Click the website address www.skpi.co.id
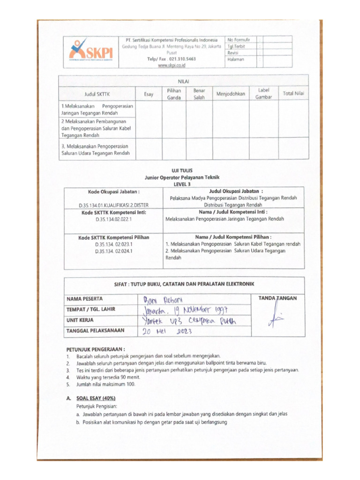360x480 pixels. click(x=172, y=66)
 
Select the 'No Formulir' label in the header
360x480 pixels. click(x=239, y=40)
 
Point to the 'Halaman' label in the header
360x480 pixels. click(x=236, y=60)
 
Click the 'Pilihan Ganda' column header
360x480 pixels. click(x=174, y=94)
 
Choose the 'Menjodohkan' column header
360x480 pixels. click(x=230, y=94)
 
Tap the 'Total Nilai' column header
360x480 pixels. click(x=293, y=94)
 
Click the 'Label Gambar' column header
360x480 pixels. click(x=263, y=93)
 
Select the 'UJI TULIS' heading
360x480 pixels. click(x=181, y=171)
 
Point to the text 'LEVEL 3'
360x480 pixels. click(x=181, y=184)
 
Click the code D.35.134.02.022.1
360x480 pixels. click(x=114, y=219)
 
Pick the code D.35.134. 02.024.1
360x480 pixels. click(x=114, y=251)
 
